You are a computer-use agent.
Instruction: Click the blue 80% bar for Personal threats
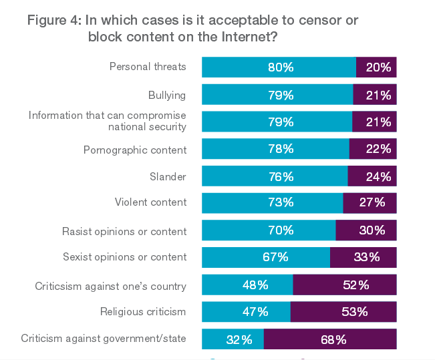point(279,67)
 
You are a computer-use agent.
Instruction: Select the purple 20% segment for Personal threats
point(376,67)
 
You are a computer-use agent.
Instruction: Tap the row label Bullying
point(167,96)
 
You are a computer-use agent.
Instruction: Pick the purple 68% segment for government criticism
point(330,339)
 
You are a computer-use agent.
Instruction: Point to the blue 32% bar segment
point(233,339)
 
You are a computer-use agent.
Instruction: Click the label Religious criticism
point(143,311)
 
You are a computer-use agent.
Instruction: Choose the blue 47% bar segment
point(246,312)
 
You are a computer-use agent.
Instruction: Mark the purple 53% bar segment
point(343,312)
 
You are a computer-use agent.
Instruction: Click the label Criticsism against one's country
point(110,287)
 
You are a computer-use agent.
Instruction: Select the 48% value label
point(255,285)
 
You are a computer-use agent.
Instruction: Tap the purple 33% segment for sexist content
point(363,258)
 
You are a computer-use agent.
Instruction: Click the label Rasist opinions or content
point(124,232)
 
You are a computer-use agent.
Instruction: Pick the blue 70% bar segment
point(269,230)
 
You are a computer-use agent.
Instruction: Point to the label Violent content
point(150,202)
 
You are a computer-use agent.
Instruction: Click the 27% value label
point(372,203)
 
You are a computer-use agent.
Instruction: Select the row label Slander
point(168,177)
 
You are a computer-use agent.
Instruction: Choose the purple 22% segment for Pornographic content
point(373,149)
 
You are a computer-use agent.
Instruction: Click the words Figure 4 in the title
point(53,21)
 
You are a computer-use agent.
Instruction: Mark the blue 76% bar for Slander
point(275,176)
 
